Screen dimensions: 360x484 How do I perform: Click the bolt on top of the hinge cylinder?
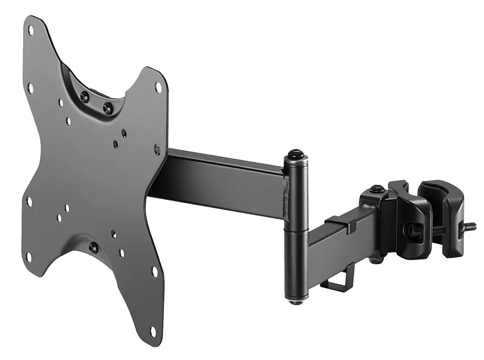[x=295, y=154]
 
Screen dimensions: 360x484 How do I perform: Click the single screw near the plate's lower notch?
[x=93, y=248]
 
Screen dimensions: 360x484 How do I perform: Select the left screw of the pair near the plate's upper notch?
[x=84, y=97]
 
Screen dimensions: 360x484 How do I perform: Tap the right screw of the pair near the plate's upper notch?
[x=108, y=107]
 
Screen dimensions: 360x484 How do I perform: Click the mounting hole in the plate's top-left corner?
[x=31, y=31]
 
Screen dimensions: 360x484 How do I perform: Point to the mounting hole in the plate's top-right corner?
[x=158, y=86]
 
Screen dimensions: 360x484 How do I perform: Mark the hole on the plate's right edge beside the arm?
[x=157, y=150]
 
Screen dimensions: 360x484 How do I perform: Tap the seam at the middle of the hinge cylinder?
[x=295, y=229]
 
